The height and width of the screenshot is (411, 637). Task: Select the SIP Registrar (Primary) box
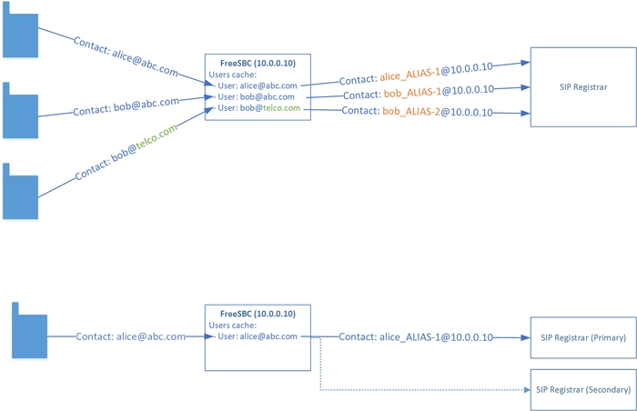click(x=582, y=337)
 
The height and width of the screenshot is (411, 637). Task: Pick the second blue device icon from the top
click(x=19, y=111)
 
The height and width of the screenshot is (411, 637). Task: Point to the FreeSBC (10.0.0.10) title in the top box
click(x=259, y=63)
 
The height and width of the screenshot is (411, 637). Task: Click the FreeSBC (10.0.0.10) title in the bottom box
click(x=259, y=314)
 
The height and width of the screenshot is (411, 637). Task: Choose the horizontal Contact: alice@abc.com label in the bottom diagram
click(x=131, y=336)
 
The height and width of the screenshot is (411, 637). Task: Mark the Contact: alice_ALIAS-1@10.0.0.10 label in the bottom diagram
click(x=416, y=336)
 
